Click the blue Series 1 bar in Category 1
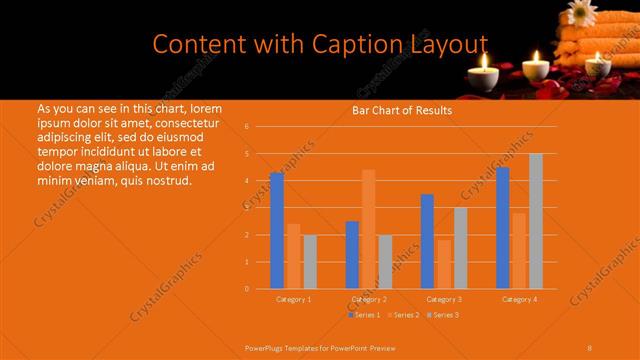coord(276,231)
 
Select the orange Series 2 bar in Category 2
coord(368,229)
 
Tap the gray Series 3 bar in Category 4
coord(536,221)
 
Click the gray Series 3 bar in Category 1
coord(310,262)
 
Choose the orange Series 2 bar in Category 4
coord(519,251)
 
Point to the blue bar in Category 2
coord(352,255)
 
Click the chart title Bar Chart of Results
coord(402,111)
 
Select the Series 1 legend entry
coord(364,315)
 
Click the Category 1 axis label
coord(293,299)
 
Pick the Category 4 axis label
coord(519,299)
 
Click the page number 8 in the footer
coord(590,347)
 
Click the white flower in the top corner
coord(581,12)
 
